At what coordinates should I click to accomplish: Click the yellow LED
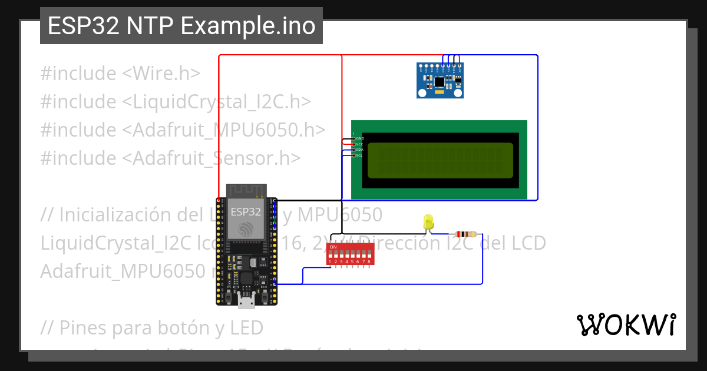(429, 223)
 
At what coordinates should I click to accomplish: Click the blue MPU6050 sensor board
(440, 80)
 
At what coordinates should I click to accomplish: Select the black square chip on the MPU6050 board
(440, 81)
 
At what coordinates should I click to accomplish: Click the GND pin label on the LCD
(360, 138)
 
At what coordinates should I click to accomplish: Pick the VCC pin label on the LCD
(359, 144)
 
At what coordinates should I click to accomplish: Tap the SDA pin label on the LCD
(359, 150)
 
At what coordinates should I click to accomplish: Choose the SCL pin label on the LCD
(359, 155)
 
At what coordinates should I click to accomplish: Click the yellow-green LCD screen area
(440, 160)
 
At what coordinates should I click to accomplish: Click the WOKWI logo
(626, 324)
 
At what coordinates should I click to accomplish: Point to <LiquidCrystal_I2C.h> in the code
(216, 102)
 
